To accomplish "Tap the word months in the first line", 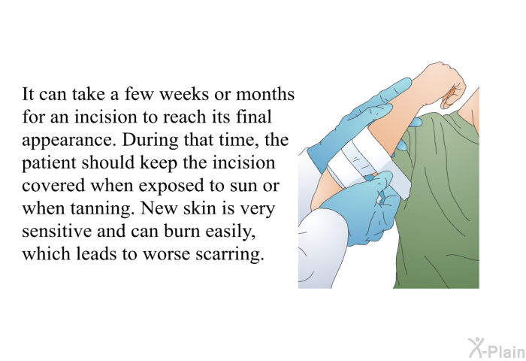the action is [x=265, y=94].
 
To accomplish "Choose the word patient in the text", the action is [x=50, y=164].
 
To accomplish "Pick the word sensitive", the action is [x=56, y=231].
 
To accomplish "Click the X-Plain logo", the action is [x=497, y=348].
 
